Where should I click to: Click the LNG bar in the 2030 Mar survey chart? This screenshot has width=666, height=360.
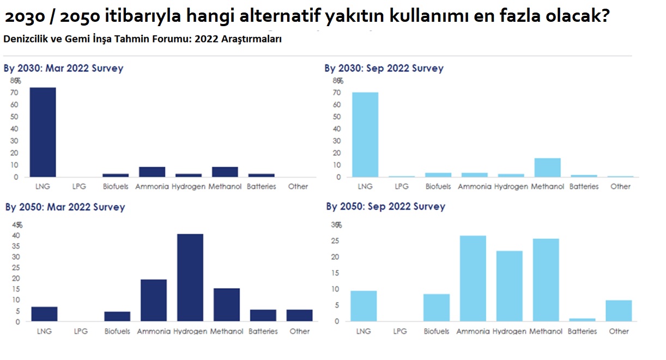click(x=43, y=132)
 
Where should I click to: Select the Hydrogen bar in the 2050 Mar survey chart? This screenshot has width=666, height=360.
click(x=190, y=278)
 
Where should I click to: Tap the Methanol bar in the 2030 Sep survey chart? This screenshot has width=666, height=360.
click(x=547, y=168)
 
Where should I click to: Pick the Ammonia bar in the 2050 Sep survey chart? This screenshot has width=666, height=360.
click(x=473, y=278)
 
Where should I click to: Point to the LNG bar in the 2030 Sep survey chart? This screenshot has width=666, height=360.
click(x=365, y=135)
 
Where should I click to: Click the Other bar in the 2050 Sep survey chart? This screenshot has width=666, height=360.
click(x=619, y=310)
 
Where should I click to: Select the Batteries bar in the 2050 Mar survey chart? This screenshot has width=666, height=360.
click(x=263, y=315)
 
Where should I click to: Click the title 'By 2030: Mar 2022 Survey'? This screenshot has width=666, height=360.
click(x=64, y=69)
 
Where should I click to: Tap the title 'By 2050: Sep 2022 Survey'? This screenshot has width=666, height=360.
click(x=386, y=207)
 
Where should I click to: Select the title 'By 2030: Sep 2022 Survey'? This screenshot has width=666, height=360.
click(x=384, y=69)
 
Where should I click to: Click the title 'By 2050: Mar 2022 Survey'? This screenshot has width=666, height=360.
click(x=65, y=208)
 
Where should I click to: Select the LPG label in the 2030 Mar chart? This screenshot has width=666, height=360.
click(x=79, y=187)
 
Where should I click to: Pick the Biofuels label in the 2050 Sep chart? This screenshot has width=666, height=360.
click(x=437, y=331)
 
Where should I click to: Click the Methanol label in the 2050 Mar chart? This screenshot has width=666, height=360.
click(x=227, y=331)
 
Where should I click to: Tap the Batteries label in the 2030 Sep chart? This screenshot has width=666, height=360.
click(x=584, y=187)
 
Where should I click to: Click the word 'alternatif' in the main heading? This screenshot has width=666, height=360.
click(x=273, y=17)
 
